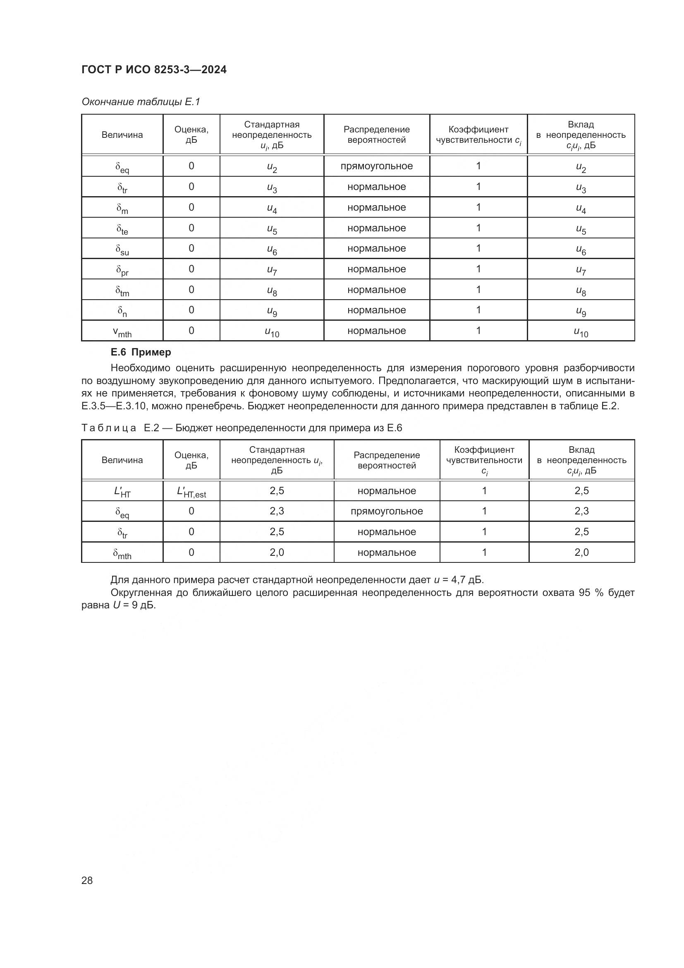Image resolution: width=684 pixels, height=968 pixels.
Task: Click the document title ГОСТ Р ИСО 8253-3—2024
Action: coord(154,70)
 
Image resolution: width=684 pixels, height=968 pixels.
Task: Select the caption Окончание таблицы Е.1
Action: coord(141,102)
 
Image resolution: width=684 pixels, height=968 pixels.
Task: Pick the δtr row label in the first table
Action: coord(122,187)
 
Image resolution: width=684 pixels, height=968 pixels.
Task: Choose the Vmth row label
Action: coord(122,331)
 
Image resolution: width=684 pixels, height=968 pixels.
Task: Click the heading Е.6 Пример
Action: coord(141,352)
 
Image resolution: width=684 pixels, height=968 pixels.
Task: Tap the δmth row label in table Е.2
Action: coord(122,553)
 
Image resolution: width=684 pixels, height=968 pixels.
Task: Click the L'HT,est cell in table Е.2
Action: coord(191,491)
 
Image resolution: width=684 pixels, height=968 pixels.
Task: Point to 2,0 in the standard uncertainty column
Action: coord(277,552)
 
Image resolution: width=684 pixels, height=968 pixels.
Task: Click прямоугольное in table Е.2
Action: coord(386,511)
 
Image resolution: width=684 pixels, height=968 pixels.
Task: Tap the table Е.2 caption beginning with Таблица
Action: coord(242,428)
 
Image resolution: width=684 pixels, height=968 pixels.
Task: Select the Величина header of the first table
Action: coord(122,135)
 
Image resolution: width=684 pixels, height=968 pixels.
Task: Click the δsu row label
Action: coord(122,249)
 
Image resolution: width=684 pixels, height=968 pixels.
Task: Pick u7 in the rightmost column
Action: coord(581,270)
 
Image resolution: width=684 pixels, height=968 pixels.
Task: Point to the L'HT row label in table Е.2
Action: coord(122,491)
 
